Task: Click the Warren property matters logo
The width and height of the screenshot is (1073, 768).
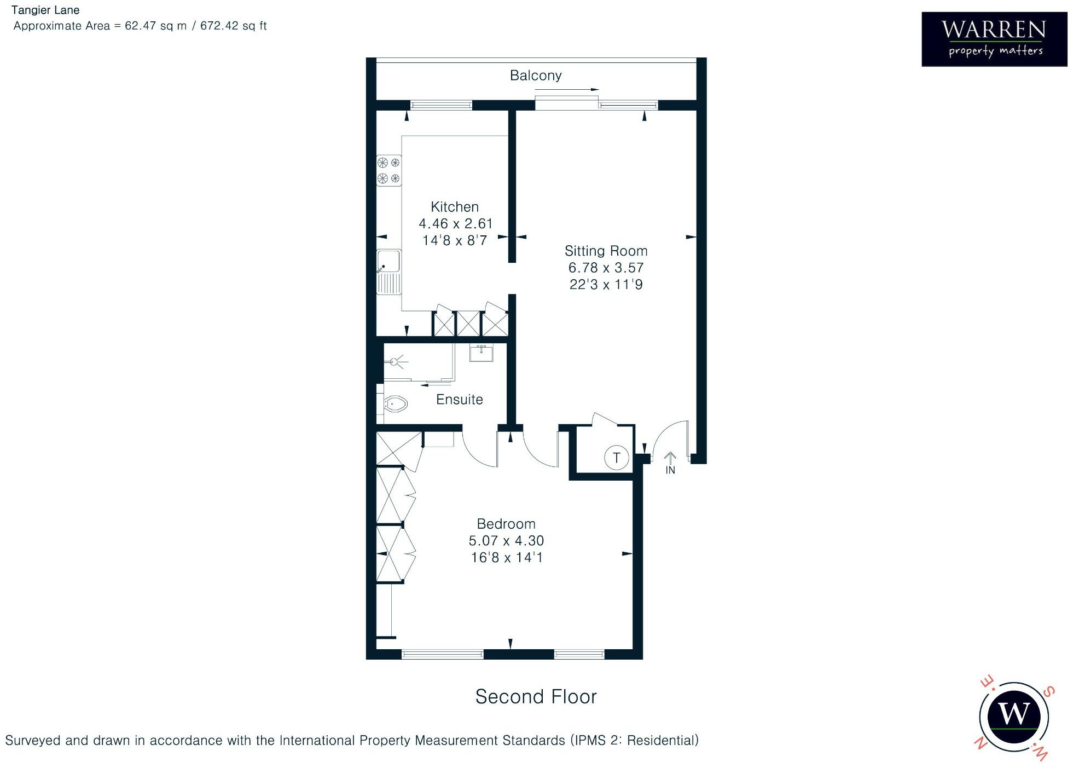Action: click(x=994, y=39)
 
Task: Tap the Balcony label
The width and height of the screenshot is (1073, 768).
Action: click(x=535, y=76)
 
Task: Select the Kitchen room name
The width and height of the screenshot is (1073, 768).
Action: click(x=454, y=207)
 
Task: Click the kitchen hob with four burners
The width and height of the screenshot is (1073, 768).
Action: click(x=388, y=170)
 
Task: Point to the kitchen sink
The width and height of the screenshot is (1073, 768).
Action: click(x=388, y=272)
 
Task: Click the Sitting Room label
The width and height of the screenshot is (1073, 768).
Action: click(x=606, y=251)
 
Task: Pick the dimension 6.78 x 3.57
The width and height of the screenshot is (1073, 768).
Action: click(x=606, y=268)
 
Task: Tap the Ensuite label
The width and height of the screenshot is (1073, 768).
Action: click(x=459, y=400)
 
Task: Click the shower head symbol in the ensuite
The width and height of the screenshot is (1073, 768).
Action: click(x=396, y=361)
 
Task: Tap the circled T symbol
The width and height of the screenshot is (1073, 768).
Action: click(x=616, y=458)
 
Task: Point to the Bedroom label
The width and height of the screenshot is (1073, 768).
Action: click(x=506, y=524)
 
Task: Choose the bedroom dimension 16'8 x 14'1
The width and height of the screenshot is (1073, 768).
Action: click(x=506, y=558)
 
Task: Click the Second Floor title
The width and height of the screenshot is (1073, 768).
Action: click(x=535, y=697)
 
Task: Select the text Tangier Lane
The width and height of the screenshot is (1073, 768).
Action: click(x=45, y=10)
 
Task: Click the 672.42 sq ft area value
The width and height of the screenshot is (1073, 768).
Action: click(x=233, y=26)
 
